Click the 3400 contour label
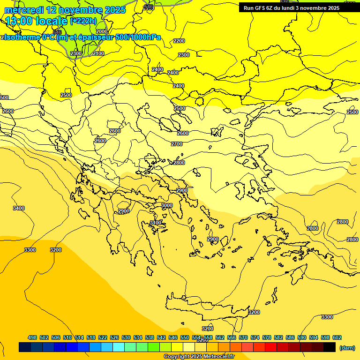coord(19,208)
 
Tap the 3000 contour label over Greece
coord(167,205)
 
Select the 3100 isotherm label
coord(156,222)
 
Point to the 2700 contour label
coord(177,144)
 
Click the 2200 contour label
coord(179,41)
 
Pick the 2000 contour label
coord(102,31)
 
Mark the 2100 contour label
coord(98,53)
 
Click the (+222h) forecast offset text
coord(83,21)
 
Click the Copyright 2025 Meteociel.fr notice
coord(199,356)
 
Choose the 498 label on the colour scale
coord(32,337)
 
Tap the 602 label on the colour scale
coord(337,337)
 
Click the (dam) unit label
coord(347,347)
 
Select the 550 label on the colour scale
coord(185,337)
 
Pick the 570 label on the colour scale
coord(243,337)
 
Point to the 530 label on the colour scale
coord(126,337)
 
